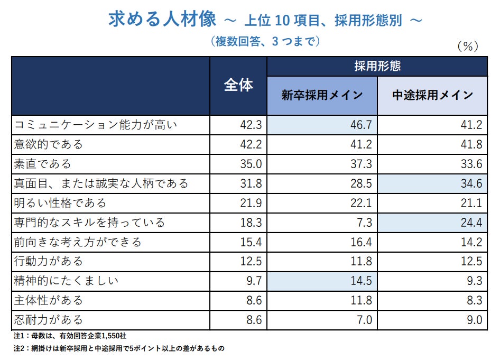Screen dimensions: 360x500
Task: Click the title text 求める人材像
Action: coord(162,20)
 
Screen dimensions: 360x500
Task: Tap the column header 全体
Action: coord(238,86)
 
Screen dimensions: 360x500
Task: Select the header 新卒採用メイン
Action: coord(322,96)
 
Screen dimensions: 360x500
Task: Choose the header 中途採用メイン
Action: coord(432,96)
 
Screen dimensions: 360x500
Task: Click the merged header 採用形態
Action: coord(377,66)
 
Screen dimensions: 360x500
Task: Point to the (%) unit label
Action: coord(467,47)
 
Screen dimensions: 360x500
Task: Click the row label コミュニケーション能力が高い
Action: coord(96,125)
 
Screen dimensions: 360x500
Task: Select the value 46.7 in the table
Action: coord(361,125)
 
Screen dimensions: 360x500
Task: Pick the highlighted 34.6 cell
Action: coord(471,183)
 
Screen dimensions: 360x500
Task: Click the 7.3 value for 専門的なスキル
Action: coord(364,223)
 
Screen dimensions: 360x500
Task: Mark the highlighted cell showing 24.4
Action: coord(471,223)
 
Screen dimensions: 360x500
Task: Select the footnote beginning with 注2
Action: coord(119,349)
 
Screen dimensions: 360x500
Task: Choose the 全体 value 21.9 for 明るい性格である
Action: coord(251,203)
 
